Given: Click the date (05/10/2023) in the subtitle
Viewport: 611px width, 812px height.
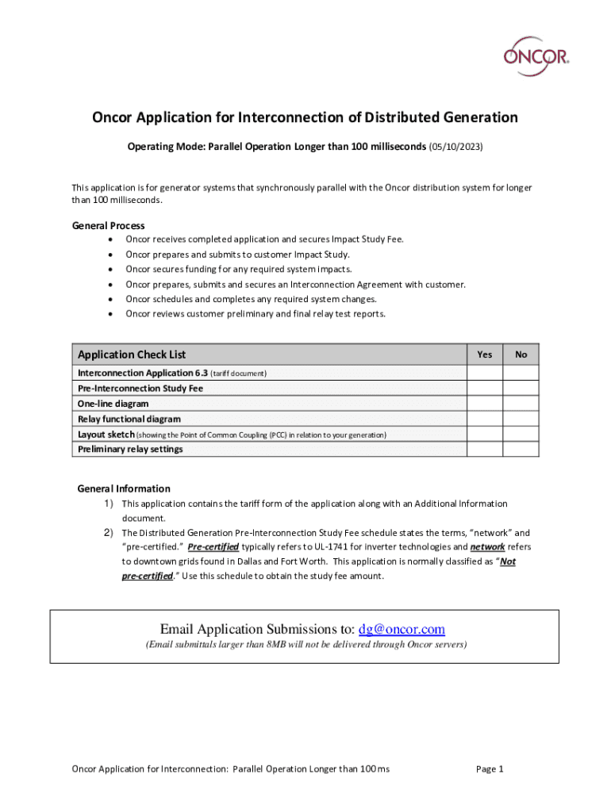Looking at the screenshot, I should click(455, 147).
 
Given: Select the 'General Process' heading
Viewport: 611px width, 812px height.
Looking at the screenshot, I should click(109, 226).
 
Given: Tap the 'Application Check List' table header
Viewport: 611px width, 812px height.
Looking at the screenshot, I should click(132, 354).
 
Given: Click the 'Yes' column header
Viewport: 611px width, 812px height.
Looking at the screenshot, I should click(484, 354).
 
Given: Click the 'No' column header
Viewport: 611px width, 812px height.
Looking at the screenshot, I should click(521, 354).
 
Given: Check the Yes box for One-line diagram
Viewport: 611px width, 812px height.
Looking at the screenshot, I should click(484, 404).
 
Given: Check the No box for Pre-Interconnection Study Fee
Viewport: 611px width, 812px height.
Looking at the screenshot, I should click(521, 389).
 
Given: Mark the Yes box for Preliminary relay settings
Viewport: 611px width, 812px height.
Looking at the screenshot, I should click(484, 449).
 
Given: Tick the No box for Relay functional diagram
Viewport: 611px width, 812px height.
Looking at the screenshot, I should click(521, 419).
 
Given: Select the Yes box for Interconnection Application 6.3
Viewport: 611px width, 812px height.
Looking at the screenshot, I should click(484, 373).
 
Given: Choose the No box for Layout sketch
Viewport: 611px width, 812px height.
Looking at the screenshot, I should click(521, 434).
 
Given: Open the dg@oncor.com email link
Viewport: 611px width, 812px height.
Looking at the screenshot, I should click(402, 630).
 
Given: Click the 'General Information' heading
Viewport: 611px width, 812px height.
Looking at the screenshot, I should click(123, 488).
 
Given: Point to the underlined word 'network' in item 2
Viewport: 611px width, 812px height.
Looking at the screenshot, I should click(487, 547).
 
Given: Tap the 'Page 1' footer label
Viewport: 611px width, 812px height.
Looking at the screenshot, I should click(490, 768).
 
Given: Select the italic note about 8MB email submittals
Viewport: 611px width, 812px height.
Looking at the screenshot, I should click(305, 645).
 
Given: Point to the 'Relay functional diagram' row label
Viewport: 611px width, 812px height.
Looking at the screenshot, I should click(129, 419).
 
